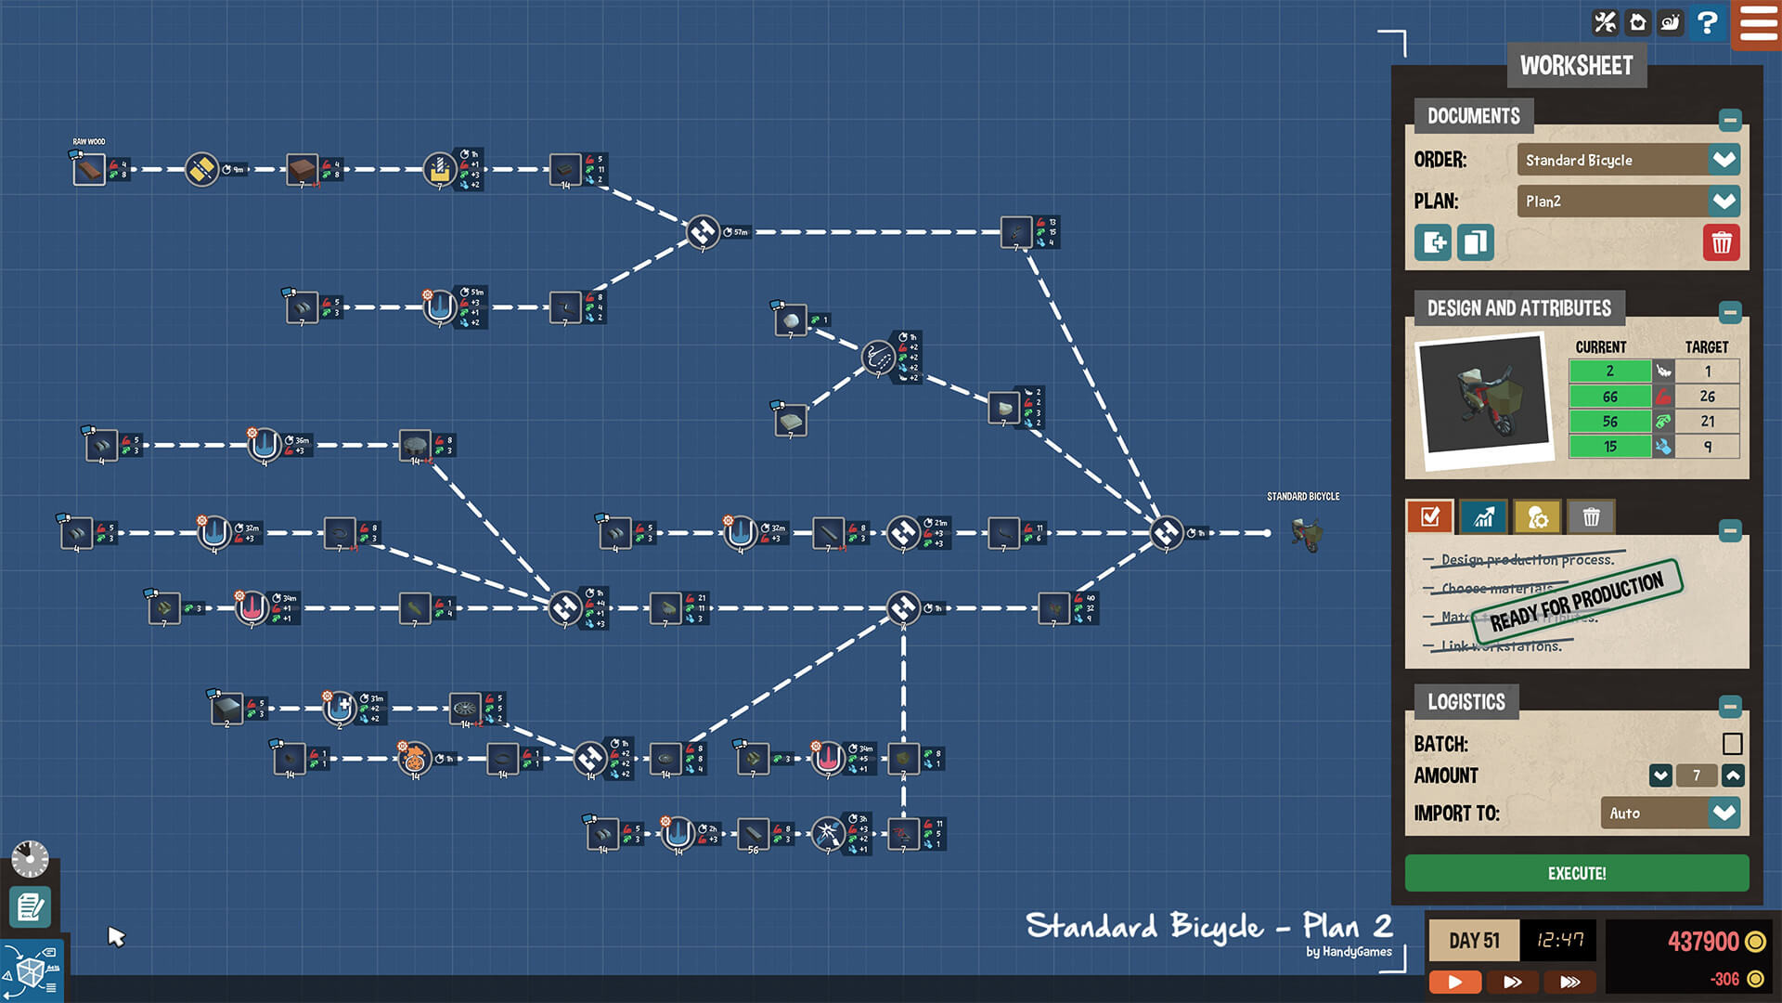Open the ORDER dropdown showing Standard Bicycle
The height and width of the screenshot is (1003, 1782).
point(1724,160)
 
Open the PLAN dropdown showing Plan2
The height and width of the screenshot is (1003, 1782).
point(1724,202)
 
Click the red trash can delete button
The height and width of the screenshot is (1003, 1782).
point(1721,243)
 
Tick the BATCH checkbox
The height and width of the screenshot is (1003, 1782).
point(1732,744)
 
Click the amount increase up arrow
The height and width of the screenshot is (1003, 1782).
point(1733,775)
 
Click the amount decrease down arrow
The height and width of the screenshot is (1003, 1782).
point(1660,775)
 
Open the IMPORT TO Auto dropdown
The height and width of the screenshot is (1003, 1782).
point(1724,814)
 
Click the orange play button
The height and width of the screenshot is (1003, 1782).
point(1454,982)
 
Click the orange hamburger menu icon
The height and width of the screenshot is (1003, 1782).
point(1758,23)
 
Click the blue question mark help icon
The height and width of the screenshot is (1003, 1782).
point(1706,22)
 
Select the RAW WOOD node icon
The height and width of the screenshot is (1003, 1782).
point(90,170)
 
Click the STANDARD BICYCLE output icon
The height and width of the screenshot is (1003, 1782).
point(1307,534)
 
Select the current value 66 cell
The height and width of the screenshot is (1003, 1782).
point(1609,397)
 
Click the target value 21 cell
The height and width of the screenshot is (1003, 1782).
point(1707,422)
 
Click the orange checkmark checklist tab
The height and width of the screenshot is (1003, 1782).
point(1429,517)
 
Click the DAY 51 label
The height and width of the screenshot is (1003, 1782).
point(1474,941)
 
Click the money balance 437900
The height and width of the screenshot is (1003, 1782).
point(1703,942)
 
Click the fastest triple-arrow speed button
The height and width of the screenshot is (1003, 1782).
point(1569,982)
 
